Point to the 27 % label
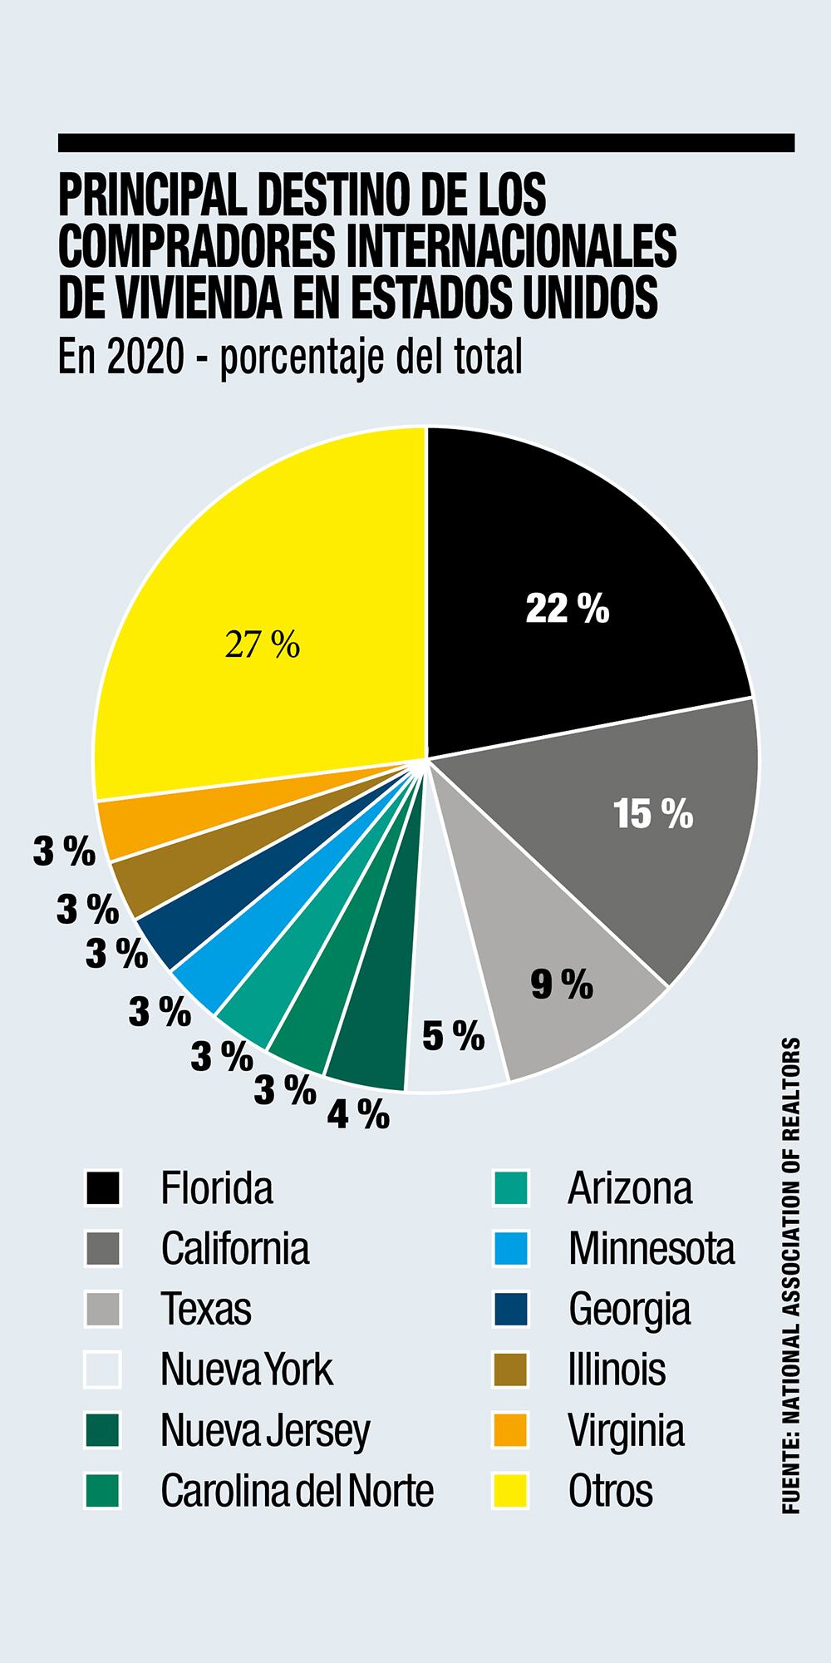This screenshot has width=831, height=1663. pos(262,644)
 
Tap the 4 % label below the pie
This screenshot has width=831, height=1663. pos(358,1114)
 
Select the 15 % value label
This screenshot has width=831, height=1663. pos(653,814)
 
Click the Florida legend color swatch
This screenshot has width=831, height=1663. pos(103,1188)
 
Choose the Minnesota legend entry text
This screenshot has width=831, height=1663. pos(652,1248)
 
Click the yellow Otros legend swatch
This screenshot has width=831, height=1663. pos(510,1491)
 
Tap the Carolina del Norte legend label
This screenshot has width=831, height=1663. pos(297,1491)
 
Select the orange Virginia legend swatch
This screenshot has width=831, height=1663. pos(510,1430)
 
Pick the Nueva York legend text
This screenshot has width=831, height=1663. pos(246,1369)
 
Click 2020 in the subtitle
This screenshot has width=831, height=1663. pos(143,358)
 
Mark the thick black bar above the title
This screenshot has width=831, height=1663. pos(425,143)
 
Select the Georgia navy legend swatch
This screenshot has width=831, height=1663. pos(510,1309)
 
